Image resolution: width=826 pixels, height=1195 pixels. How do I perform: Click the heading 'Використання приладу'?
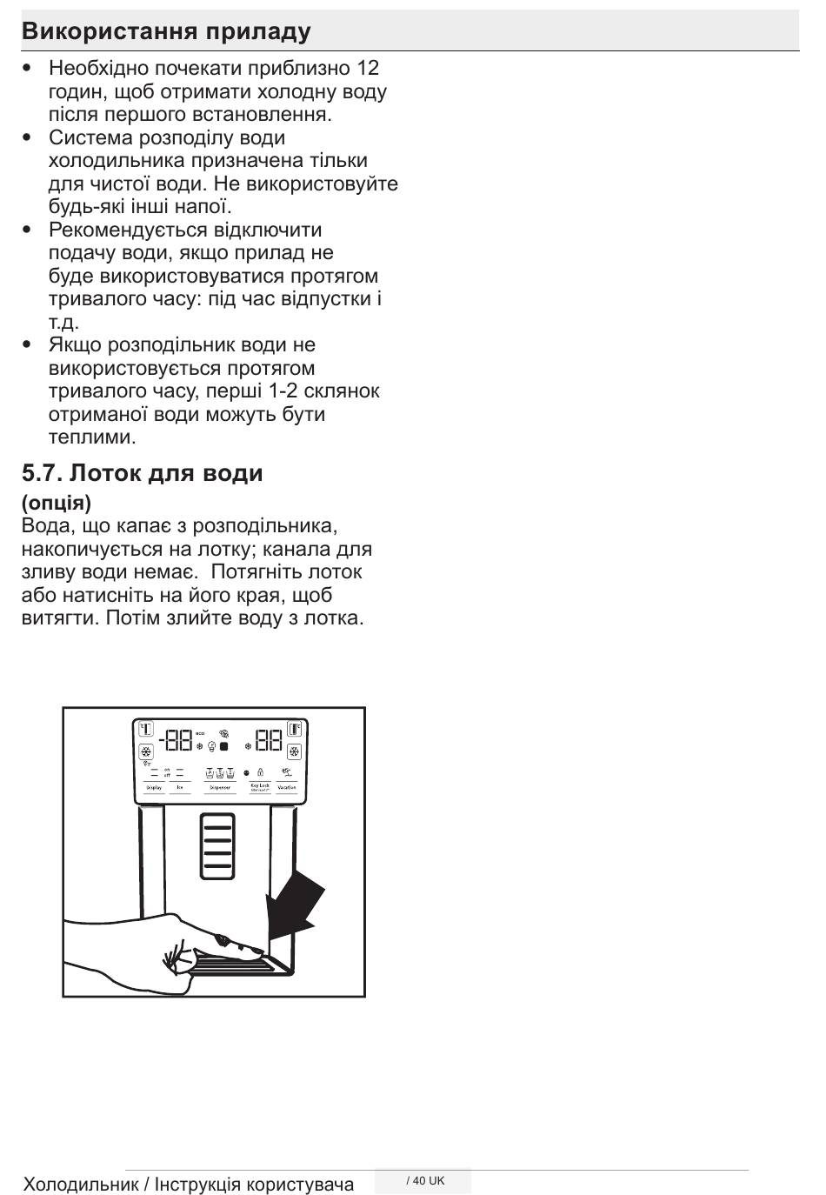[166, 32]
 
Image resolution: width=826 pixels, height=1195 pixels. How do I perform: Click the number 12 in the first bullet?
[368, 68]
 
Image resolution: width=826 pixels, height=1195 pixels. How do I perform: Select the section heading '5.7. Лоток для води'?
[143, 473]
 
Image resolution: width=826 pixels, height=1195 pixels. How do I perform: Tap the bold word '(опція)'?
[57, 503]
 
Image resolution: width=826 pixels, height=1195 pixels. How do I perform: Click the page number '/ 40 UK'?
[425, 1180]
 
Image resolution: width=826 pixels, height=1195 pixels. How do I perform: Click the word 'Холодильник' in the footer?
[80, 1184]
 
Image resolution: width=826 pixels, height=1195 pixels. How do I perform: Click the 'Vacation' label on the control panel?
[287, 787]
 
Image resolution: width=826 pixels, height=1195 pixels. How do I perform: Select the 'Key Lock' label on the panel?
[260, 786]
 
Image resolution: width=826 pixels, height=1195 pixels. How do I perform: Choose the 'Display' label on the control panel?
[154, 787]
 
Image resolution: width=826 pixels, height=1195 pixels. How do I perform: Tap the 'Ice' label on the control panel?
[180, 787]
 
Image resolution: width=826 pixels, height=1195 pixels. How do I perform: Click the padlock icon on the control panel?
[260, 772]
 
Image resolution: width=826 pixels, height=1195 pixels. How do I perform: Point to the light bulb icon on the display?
[211, 747]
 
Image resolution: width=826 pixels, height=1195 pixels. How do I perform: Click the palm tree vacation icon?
[287, 771]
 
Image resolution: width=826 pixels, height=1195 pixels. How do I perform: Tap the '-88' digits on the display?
[175, 740]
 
